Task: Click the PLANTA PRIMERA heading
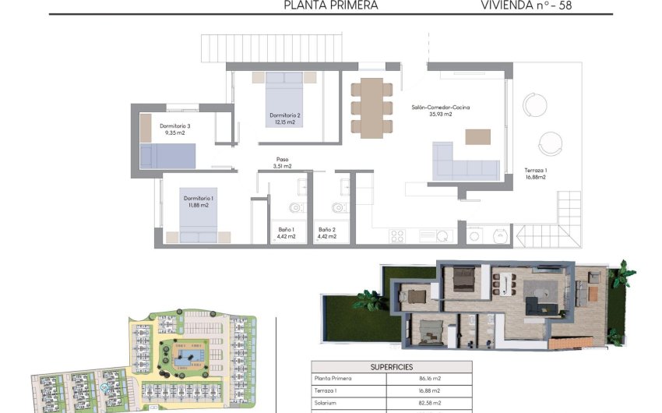click(331, 5)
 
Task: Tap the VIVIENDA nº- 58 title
click(531, 5)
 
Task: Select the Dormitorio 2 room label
click(285, 118)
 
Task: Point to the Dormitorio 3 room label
click(175, 129)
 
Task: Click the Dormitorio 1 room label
click(199, 202)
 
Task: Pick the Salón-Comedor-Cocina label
click(441, 111)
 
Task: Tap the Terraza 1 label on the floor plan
click(535, 173)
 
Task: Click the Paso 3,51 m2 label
click(282, 162)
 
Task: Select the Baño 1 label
click(286, 233)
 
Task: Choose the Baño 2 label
click(327, 233)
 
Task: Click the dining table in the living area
click(372, 107)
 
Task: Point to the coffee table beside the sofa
click(478, 136)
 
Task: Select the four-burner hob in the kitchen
click(397, 235)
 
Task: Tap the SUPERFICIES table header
click(391, 366)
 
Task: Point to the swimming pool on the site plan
click(186, 357)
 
